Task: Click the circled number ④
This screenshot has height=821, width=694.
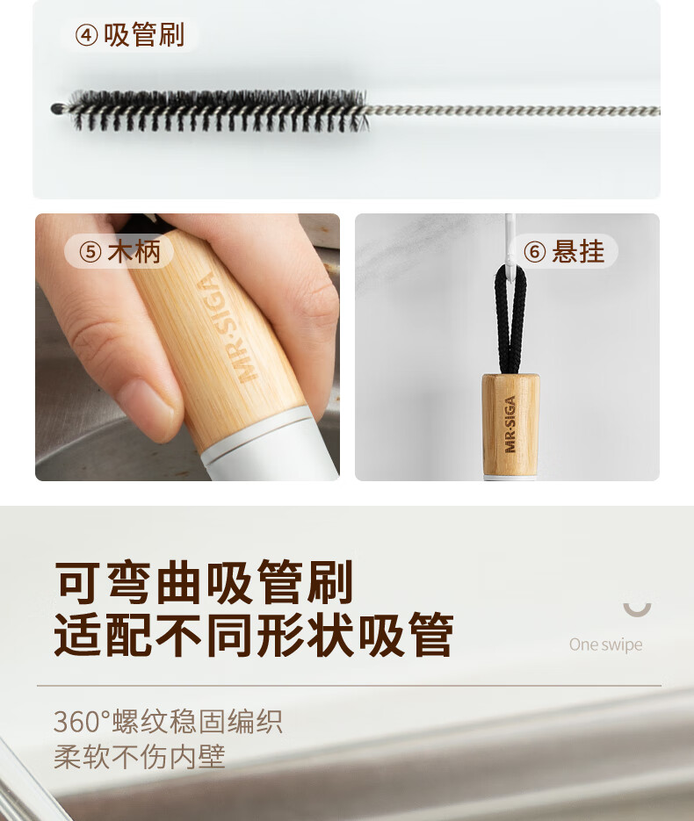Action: pos(86,36)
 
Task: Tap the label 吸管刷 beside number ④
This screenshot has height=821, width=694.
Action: pos(144,35)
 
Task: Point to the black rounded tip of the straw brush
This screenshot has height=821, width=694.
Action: pos(56,109)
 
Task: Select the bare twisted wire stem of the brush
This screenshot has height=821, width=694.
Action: pos(513,111)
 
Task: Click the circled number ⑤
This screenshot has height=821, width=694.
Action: pos(90,252)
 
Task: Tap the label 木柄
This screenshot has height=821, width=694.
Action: pos(134,251)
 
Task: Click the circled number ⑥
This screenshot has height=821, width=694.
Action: pos(535,252)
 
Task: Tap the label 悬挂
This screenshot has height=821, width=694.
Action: pos(578,251)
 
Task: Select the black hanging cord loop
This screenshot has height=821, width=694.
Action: pos(510,319)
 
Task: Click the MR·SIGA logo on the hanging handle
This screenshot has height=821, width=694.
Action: pos(510,424)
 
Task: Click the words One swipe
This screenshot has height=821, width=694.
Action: pos(606,645)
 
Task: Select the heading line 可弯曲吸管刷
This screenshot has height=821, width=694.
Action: pos(204,581)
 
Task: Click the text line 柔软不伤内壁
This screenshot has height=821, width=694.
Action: pos(140,757)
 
